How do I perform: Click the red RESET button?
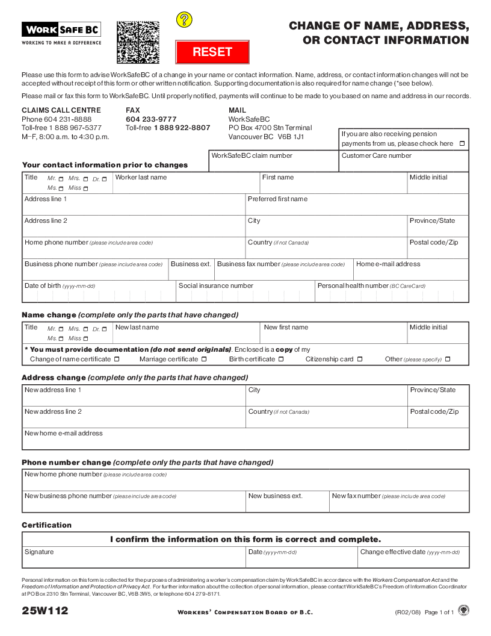coord(212,52)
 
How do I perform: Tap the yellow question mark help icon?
coord(184,20)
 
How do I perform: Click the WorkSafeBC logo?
coord(61,30)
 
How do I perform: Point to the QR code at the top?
coord(138,42)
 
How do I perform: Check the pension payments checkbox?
coord(462,144)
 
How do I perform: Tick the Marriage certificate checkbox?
coord(204,360)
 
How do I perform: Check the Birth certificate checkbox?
coord(281,360)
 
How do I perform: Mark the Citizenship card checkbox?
coord(360,360)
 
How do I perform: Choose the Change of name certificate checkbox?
coord(117,360)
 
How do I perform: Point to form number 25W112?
coord(45,611)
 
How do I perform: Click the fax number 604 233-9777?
coord(151,119)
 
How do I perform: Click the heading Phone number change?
coord(67,463)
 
